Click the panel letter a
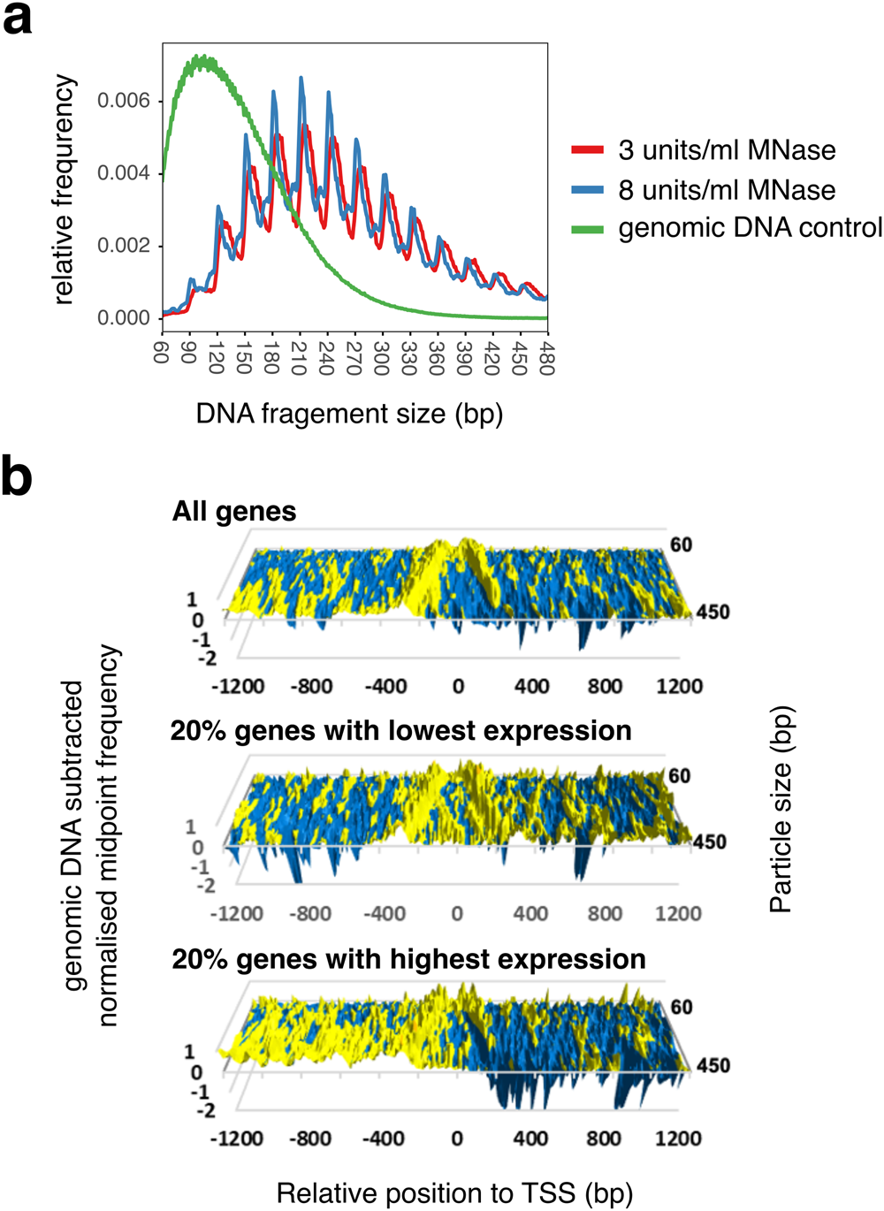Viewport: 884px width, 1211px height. pyautogui.click(x=18, y=19)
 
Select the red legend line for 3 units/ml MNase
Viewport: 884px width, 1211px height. pyautogui.click(x=587, y=150)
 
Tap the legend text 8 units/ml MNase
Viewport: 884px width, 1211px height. pyautogui.click(x=727, y=190)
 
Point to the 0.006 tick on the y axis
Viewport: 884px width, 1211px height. pyautogui.click(x=124, y=101)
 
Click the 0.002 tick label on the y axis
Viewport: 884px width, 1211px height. pyautogui.click(x=124, y=246)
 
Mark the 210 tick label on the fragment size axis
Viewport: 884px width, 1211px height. pyautogui.click(x=299, y=358)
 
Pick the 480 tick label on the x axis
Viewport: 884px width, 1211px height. pyautogui.click(x=546, y=358)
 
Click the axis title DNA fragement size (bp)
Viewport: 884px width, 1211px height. pyautogui.click(x=349, y=414)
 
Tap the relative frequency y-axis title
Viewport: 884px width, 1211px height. pyautogui.click(x=64, y=190)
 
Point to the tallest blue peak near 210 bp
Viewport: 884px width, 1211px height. pyautogui.click(x=301, y=79)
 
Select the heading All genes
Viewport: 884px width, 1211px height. pyautogui.click(x=234, y=512)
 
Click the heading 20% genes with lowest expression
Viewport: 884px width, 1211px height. pyautogui.click(x=400, y=731)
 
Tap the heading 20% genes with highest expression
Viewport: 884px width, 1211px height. pyautogui.click(x=408, y=959)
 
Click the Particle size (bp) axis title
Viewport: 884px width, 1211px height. pyautogui.click(x=781, y=809)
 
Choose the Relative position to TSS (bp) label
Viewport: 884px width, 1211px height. pyautogui.click(x=454, y=1193)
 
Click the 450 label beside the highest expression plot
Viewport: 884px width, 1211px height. pyautogui.click(x=713, y=1065)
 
